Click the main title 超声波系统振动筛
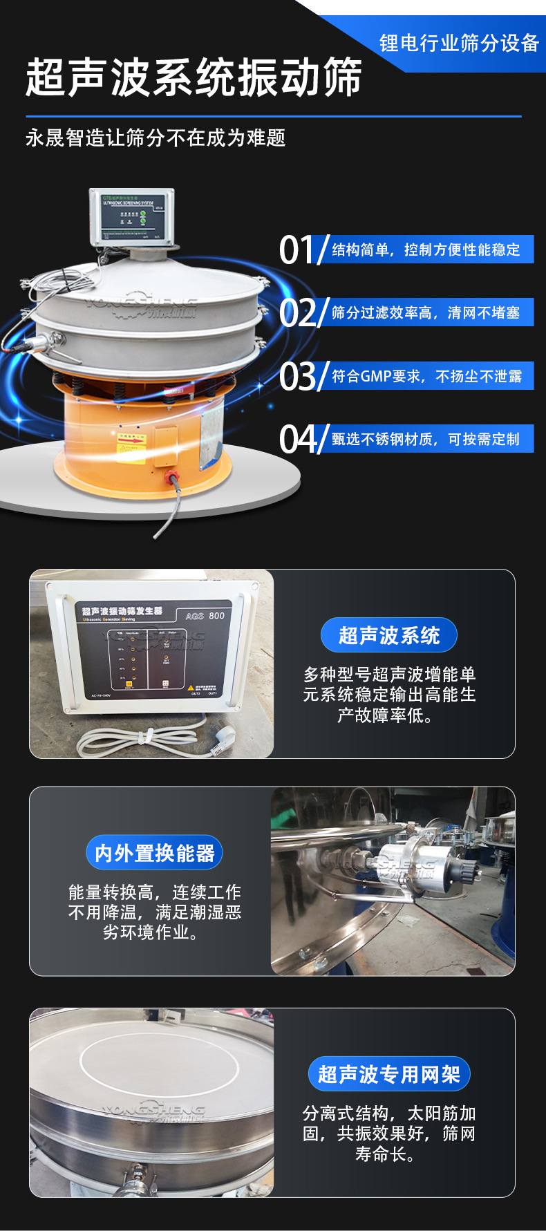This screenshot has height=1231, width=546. click(194, 77)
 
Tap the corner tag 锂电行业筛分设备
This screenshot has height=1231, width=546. click(459, 43)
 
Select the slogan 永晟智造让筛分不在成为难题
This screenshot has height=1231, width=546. click(156, 138)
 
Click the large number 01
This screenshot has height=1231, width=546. click(297, 250)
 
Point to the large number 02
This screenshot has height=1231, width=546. click(297, 312)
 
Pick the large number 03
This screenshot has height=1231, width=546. click(297, 376)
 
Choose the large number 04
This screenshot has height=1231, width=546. click(297, 439)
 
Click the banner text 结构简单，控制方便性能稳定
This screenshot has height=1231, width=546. click(426, 250)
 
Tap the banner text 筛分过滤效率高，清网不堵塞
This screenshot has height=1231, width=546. click(426, 312)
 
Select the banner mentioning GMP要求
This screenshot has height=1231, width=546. click(426, 376)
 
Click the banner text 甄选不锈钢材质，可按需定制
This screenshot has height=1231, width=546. click(426, 439)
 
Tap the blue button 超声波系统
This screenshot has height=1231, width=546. click(389, 635)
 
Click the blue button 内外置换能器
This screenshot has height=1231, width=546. click(155, 853)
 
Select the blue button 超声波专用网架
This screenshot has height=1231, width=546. click(389, 1074)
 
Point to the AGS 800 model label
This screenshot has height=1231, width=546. click(205, 616)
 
